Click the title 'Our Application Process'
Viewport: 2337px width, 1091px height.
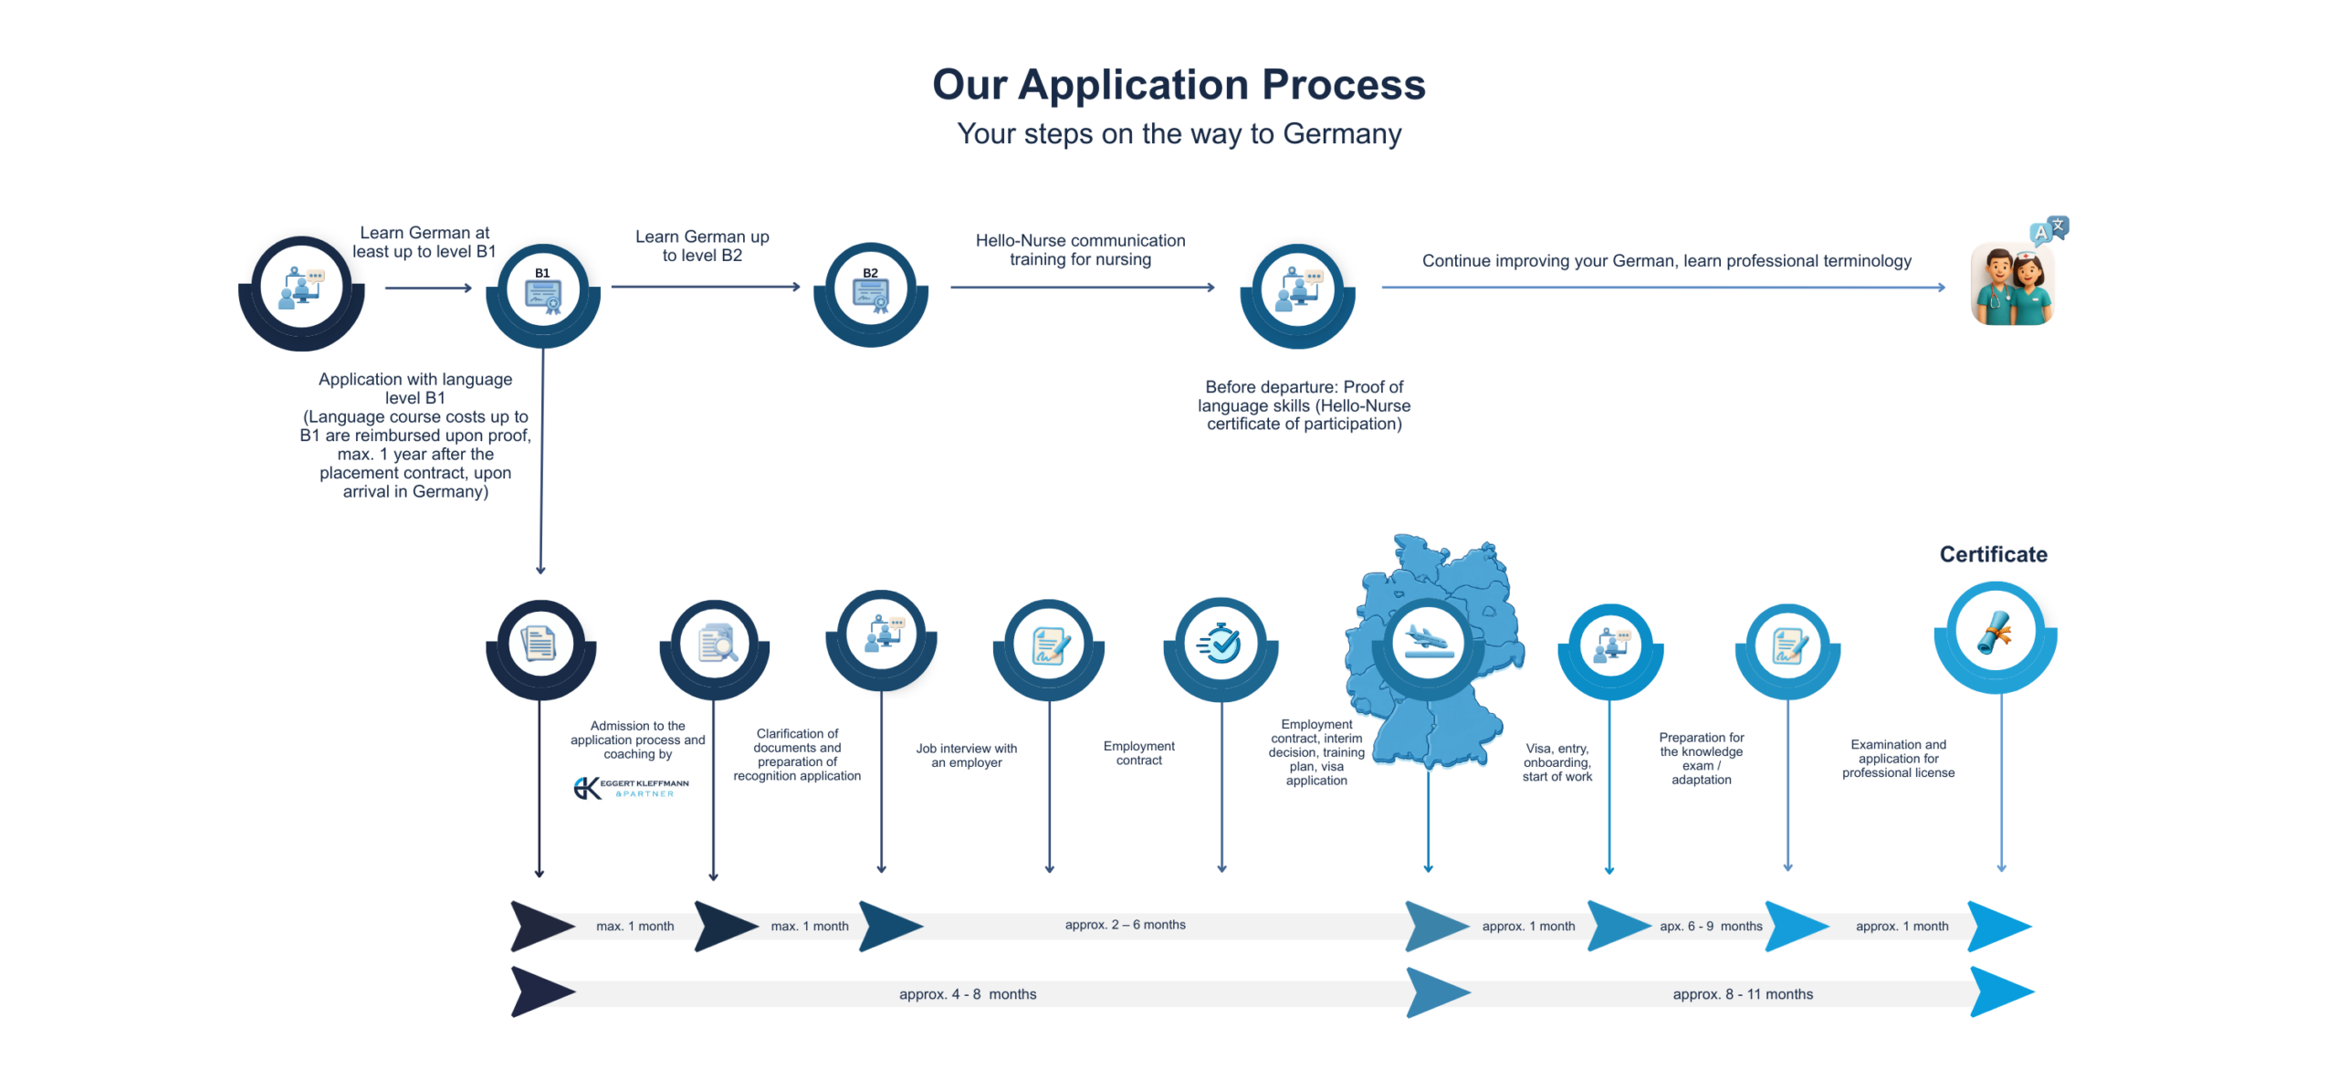click(1178, 85)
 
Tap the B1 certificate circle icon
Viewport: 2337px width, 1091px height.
click(542, 291)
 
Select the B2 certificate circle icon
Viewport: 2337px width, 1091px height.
click(870, 291)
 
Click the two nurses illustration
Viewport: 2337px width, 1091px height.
click(2012, 284)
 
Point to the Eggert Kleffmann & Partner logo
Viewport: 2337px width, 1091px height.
click(631, 787)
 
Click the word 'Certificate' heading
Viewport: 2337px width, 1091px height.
click(1992, 554)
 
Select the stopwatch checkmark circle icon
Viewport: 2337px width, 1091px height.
click(1220, 644)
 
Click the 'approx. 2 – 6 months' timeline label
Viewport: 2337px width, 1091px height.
click(1125, 925)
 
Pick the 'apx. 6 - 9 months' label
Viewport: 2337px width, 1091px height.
click(1710, 926)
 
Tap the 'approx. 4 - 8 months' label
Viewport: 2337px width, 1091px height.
click(967, 994)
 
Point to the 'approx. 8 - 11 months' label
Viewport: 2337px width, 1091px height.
click(1742, 994)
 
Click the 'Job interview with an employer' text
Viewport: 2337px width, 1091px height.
click(966, 755)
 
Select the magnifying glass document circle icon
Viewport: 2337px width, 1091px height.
click(715, 644)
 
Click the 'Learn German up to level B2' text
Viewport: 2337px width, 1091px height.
click(702, 246)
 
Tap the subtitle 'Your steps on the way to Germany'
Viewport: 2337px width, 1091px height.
click(1178, 134)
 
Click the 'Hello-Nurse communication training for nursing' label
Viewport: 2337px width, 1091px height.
click(1080, 249)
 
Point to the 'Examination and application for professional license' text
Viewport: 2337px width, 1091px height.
click(1897, 758)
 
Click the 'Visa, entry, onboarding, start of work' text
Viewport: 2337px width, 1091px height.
click(1556, 762)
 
